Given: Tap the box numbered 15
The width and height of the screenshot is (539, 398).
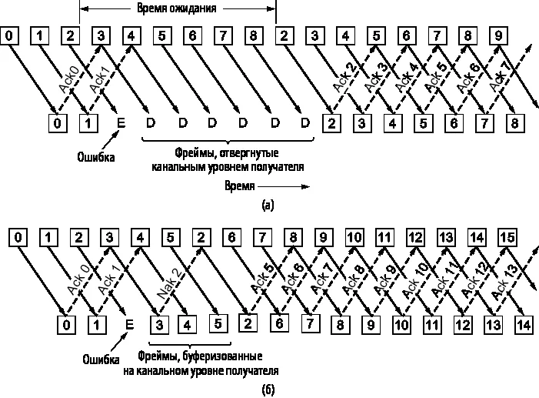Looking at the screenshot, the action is coord(507,237).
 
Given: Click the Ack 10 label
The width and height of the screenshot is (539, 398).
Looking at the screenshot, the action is coord(415,279).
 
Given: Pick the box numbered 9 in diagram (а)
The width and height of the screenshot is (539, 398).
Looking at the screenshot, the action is coord(498,35).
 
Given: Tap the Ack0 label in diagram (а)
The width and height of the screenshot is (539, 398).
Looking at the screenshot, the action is coord(69,80).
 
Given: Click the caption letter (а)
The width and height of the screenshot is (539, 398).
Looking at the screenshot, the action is coord(268,206).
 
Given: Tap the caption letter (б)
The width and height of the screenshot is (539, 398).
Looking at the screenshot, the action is coord(268,390).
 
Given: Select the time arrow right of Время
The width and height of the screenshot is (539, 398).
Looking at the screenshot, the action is coord(284,186).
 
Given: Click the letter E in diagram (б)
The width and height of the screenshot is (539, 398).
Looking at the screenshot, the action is coord(129,325).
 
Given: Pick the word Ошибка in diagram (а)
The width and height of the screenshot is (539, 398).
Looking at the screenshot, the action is coord(96,157).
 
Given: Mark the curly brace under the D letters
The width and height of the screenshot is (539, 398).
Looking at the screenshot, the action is coord(228,140).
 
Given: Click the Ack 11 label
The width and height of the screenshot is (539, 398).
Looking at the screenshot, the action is coord(445,279).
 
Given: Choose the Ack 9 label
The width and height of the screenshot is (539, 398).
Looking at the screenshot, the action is coord(385,279).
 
